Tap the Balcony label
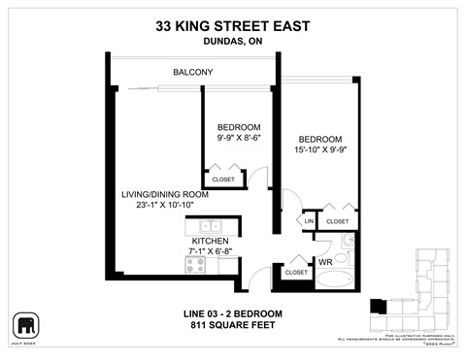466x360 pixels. [x=193, y=73]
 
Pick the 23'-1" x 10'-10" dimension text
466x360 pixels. [x=159, y=205]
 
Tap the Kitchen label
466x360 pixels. [x=210, y=240]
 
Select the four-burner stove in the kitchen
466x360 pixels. [x=196, y=264]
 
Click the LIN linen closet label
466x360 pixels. [x=309, y=222]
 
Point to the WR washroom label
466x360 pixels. [x=325, y=262]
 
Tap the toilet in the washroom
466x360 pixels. [x=348, y=243]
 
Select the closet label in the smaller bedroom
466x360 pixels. [x=223, y=180]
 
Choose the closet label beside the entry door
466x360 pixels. [x=296, y=273]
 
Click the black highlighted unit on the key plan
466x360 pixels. [x=379, y=309]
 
